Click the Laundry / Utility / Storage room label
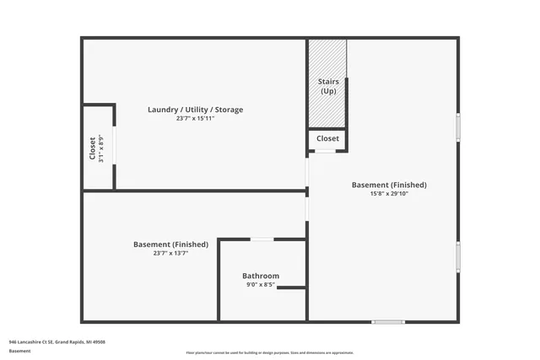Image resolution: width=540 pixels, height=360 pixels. pyautogui.click(x=195, y=110)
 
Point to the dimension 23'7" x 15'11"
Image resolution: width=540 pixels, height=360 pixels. pyautogui.click(x=195, y=119)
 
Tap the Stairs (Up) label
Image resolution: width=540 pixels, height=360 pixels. pyautogui.click(x=328, y=85)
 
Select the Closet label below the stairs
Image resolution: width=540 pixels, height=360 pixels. pyautogui.click(x=327, y=138)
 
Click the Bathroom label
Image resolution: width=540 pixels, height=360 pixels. pyautogui.click(x=261, y=276)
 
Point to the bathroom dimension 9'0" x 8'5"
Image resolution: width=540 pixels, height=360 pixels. pyautogui.click(x=261, y=285)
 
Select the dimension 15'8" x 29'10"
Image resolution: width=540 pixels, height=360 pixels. pyautogui.click(x=389, y=193)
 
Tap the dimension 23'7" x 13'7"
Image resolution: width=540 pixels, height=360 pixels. pyautogui.click(x=170, y=253)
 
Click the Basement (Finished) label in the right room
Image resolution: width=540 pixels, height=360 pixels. pyautogui.click(x=389, y=185)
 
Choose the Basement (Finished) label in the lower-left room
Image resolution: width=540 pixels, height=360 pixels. pyautogui.click(x=170, y=244)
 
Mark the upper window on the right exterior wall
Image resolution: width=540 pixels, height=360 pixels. pyautogui.click(x=458, y=126)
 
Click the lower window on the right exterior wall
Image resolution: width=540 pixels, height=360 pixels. pyautogui.click(x=458, y=256)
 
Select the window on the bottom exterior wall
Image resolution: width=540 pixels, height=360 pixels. pyautogui.click(x=388, y=321)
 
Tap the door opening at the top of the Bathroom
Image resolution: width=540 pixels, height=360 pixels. pyautogui.click(x=262, y=239)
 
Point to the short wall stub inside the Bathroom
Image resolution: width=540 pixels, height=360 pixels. pyautogui.click(x=291, y=288)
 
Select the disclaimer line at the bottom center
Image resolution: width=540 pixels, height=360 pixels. pyautogui.click(x=270, y=352)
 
